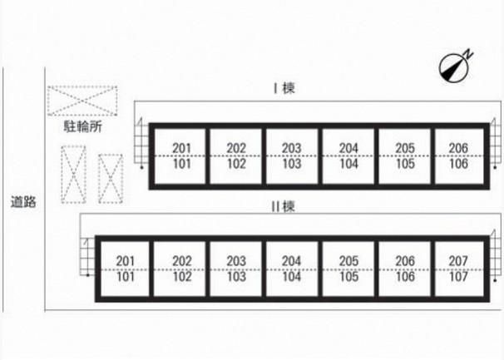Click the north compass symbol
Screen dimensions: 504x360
pos(454,67)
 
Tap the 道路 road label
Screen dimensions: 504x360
pos(23,202)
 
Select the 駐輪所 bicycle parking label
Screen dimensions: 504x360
pos(83,126)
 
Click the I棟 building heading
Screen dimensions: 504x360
pos(284,88)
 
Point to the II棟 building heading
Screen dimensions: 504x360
pos(283,206)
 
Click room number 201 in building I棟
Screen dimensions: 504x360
pos(182,148)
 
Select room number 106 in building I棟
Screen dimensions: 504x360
pos(458,164)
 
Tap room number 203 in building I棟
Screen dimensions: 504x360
pos(292,148)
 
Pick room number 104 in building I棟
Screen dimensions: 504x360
pos(348,164)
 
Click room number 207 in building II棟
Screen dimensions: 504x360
pos(458,261)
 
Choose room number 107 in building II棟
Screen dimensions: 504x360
pos(458,276)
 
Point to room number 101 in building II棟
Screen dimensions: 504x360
pos(126,276)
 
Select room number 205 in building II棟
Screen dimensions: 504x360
pos(348,261)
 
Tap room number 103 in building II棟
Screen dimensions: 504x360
pos(236,276)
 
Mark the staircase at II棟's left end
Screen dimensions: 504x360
pos(87,257)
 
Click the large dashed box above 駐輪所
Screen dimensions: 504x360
pos(82,101)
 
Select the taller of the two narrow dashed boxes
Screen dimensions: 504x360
pos(74,175)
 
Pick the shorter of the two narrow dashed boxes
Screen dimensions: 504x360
pos(111,179)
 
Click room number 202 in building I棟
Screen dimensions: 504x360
pos(236,148)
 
